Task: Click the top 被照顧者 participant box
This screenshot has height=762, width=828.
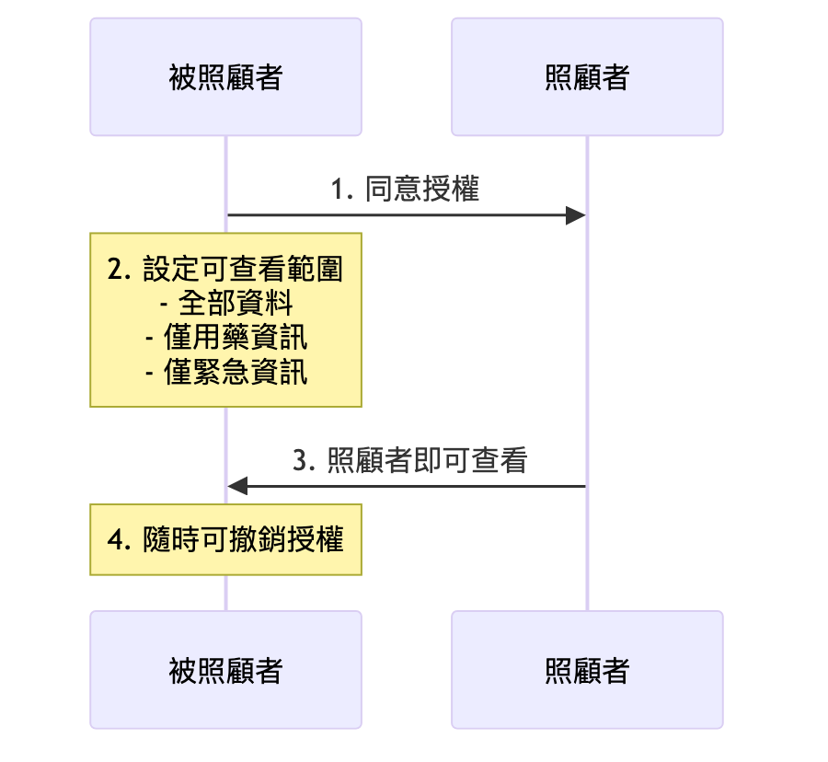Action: [x=225, y=77]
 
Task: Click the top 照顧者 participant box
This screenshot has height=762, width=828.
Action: [x=587, y=77]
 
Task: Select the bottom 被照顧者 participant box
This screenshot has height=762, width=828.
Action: [x=225, y=670]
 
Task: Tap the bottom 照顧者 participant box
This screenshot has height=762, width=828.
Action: [x=587, y=670]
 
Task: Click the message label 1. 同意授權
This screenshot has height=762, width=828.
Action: [x=406, y=190]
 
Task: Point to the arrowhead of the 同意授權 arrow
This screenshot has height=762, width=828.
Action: [x=577, y=215]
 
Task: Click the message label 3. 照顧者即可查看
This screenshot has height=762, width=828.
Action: [x=409, y=460]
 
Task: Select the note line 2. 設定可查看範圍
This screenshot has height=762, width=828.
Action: [x=225, y=270]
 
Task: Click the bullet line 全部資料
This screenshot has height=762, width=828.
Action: [x=236, y=304]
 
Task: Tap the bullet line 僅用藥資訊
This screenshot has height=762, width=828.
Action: [x=236, y=338]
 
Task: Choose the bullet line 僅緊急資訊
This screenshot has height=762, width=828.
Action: [x=236, y=372]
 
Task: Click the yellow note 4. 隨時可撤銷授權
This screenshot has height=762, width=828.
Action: [x=225, y=539]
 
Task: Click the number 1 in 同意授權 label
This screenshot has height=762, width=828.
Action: [x=338, y=190]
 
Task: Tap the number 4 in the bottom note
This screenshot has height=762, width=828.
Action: [x=115, y=540]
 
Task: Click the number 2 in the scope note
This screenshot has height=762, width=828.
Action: [x=115, y=271]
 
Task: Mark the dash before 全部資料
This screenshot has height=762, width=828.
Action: [x=165, y=305]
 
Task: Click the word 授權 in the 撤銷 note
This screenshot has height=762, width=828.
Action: [x=316, y=539]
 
